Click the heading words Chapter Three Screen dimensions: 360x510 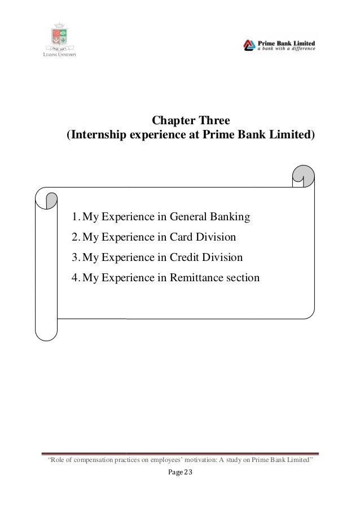pyautogui.click(x=188, y=121)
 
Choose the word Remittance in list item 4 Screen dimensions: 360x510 pyautogui.click(x=188, y=278)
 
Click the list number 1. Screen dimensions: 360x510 pyautogui.click(x=75, y=217)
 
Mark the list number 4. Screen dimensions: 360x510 pyautogui.click(x=75, y=278)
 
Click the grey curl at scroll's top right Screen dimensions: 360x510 pyautogui.click(x=304, y=175)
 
